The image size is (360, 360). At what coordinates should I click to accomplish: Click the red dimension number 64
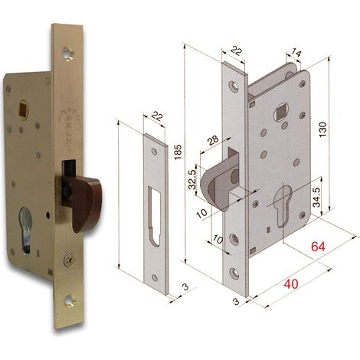[318, 247]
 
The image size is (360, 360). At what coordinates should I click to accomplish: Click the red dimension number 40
[291, 284]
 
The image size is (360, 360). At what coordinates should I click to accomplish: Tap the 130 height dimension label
[323, 129]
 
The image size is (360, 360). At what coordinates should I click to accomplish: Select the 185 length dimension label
[178, 152]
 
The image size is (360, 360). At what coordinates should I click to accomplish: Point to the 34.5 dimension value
[316, 198]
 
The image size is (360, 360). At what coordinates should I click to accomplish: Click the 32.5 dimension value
[192, 180]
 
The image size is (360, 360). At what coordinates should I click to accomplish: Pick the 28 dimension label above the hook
[213, 140]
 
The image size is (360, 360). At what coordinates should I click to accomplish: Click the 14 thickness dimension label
[296, 54]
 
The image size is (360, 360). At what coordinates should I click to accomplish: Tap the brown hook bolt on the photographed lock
[83, 198]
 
